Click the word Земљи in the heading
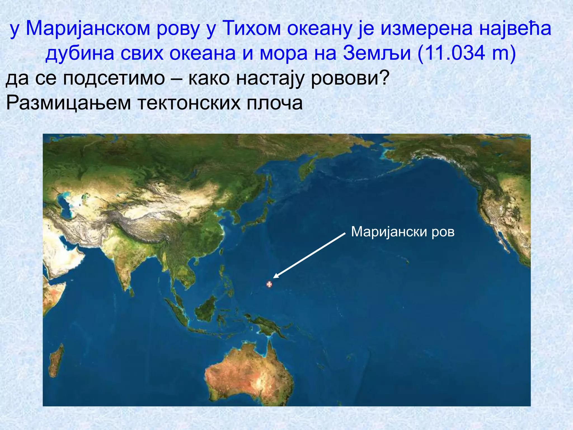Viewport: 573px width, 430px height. click(377, 53)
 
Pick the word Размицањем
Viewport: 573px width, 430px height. click(69, 103)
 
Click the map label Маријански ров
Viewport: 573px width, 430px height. click(403, 232)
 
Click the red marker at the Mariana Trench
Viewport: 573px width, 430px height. click(269, 284)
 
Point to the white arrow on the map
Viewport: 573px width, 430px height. click(309, 255)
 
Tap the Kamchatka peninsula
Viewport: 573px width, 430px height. click(306, 168)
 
